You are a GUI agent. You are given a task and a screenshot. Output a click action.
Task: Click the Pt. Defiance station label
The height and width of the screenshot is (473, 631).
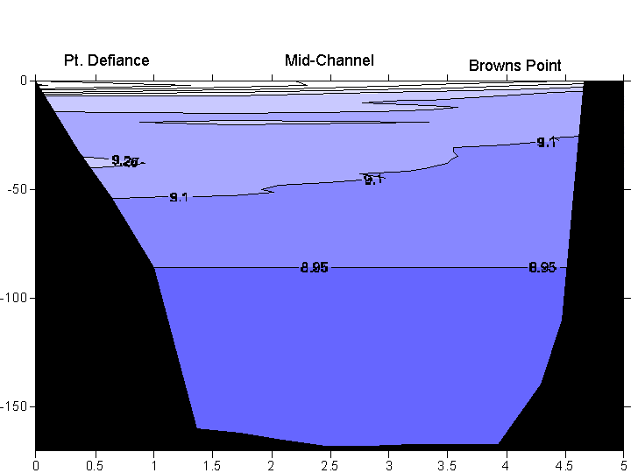tap(106, 60)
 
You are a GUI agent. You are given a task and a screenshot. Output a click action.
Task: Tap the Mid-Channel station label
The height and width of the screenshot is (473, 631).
tap(329, 60)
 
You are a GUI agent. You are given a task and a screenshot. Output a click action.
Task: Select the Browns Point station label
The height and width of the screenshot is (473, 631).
tap(514, 66)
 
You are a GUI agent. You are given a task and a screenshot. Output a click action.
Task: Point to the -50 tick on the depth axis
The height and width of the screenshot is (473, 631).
tap(17, 189)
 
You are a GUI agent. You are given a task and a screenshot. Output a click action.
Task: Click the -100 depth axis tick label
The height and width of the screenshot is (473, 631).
tap(14, 298)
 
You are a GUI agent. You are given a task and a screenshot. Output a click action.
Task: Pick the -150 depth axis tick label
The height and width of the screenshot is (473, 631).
tap(14, 407)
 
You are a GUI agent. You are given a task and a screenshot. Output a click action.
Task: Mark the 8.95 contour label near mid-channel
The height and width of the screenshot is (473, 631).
tap(314, 267)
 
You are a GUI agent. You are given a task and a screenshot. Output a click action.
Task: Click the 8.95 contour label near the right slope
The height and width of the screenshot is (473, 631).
tap(542, 267)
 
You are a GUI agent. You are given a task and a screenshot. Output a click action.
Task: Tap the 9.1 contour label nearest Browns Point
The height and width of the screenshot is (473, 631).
tap(546, 142)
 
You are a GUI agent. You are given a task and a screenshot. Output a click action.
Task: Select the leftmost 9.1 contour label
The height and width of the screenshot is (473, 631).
tap(179, 197)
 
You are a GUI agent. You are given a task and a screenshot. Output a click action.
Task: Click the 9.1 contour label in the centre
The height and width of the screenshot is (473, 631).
tap(373, 180)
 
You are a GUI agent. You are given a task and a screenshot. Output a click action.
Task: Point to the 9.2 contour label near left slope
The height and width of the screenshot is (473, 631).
tap(125, 161)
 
